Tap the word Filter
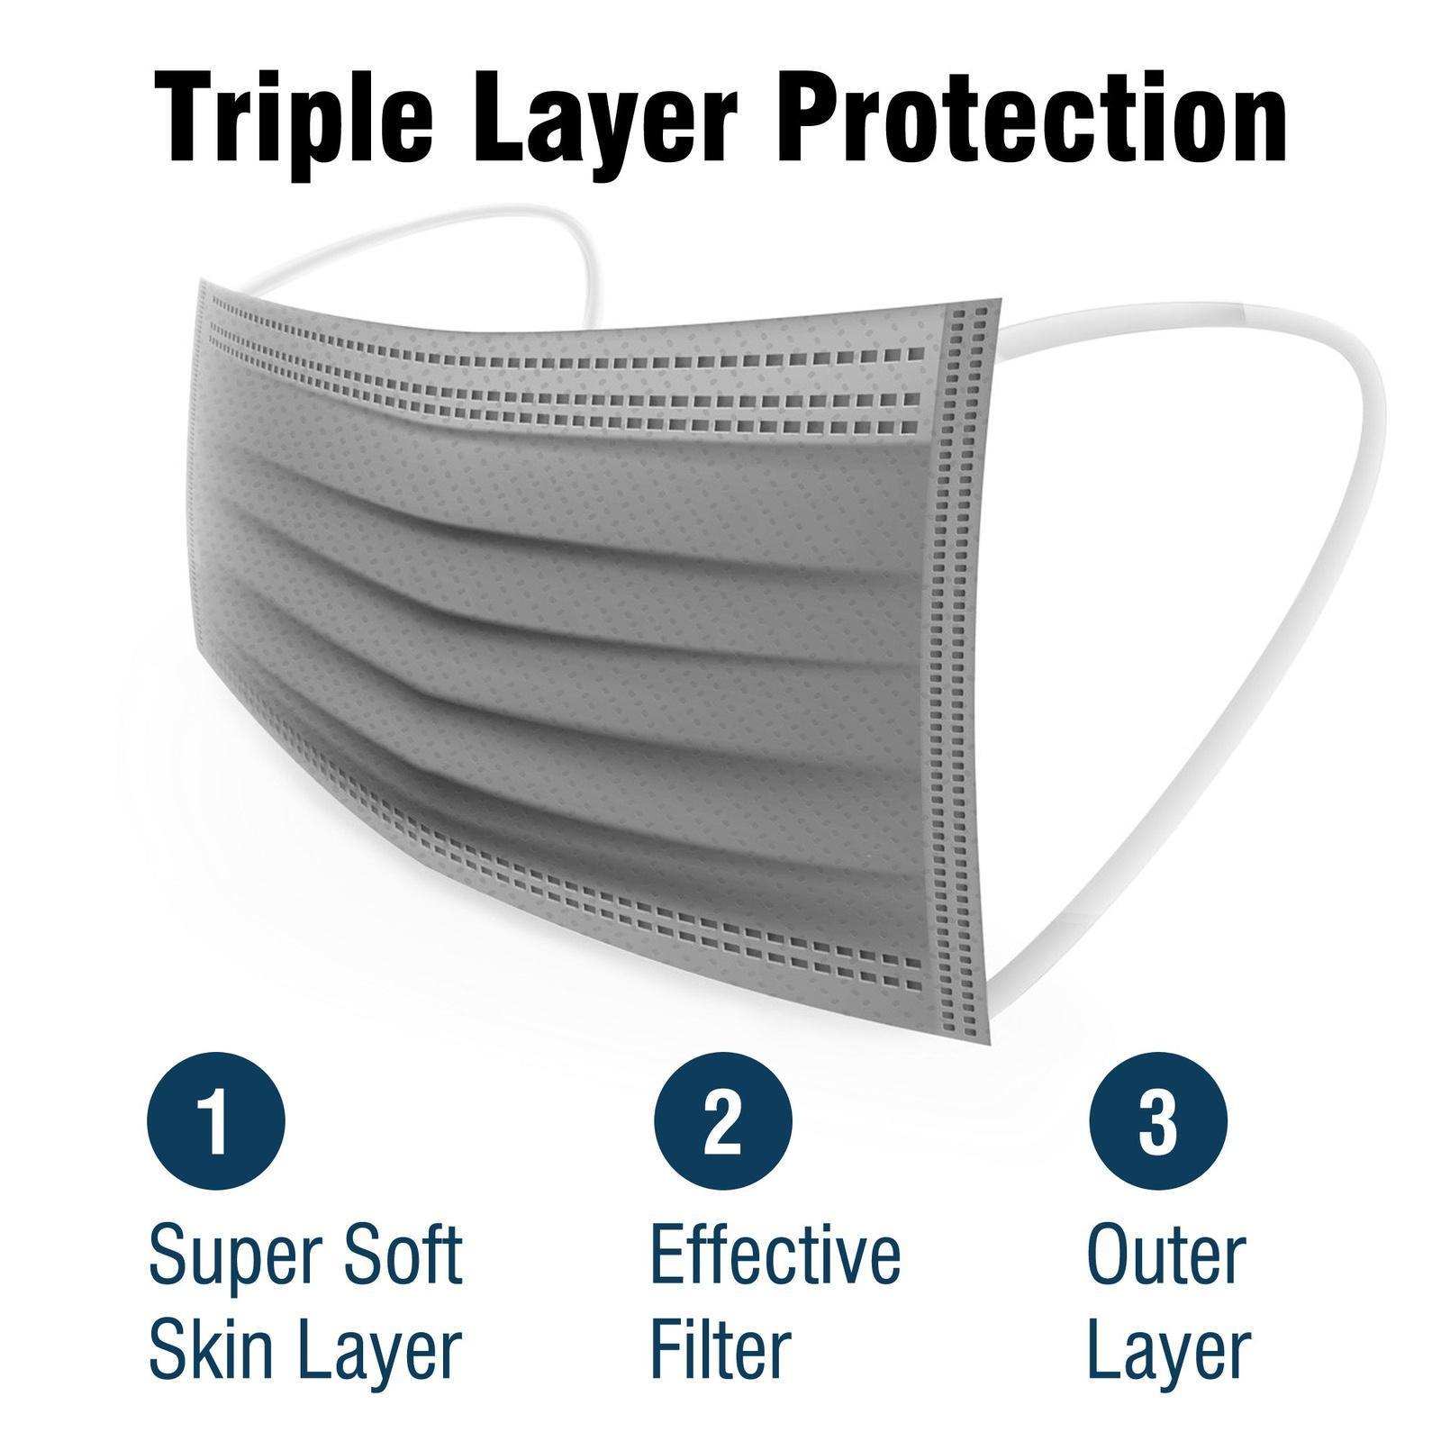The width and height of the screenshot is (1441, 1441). (x=720, y=1348)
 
